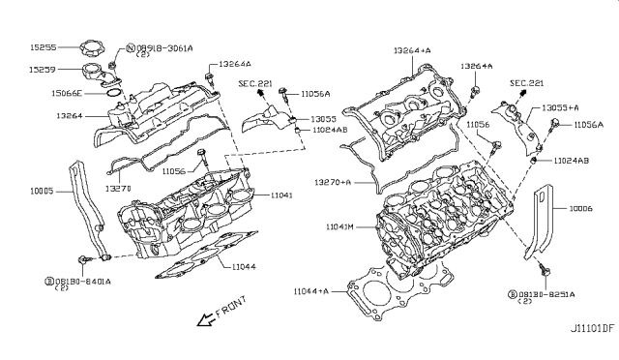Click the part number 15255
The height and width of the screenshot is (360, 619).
[x=42, y=45]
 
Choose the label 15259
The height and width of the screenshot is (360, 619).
[x=42, y=70]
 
